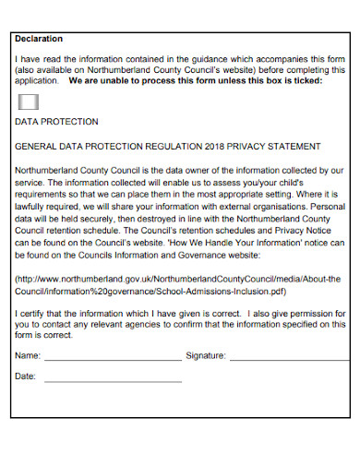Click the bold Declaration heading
[39, 39]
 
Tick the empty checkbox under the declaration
[30, 102]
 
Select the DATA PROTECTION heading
[56, 122]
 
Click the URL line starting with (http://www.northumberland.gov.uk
[179, 278]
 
